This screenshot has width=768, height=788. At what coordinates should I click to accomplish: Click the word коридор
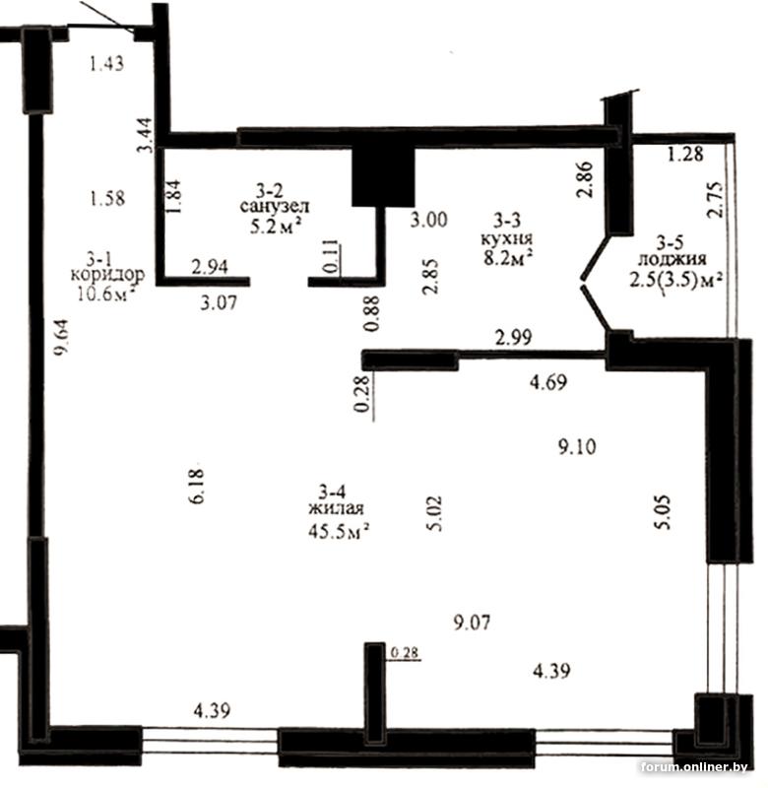tap(107, 275)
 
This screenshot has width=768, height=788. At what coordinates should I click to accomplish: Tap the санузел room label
tap(275, 206)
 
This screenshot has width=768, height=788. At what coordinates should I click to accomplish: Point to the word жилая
tap(336, 508)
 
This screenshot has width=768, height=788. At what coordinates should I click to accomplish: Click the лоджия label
tap(672, 259)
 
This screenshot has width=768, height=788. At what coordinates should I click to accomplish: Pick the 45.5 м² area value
tap(339, 531)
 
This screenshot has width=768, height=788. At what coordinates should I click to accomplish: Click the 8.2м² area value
tap(506, 257)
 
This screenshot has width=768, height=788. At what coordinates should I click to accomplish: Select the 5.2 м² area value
tap(276, 227)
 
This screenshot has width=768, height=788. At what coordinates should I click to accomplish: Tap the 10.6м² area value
tap(106, 293)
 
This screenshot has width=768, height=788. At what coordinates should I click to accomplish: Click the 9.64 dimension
tap(62, 338)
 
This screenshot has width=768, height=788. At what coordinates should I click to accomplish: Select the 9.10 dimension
tap(577, 446)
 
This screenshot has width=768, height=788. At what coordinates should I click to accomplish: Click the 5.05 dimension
tap(662, 512)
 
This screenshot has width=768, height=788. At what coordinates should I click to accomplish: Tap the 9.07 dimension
tap(472, 624)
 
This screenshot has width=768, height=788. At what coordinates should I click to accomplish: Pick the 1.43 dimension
tap(106, 64)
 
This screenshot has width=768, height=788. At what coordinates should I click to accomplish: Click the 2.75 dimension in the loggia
tap(715, 199)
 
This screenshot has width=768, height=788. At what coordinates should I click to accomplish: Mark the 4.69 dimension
tap(548, 382)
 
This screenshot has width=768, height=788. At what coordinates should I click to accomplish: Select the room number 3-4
tap(332, 490)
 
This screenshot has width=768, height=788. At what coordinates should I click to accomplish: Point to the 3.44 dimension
tap(145, 134)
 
